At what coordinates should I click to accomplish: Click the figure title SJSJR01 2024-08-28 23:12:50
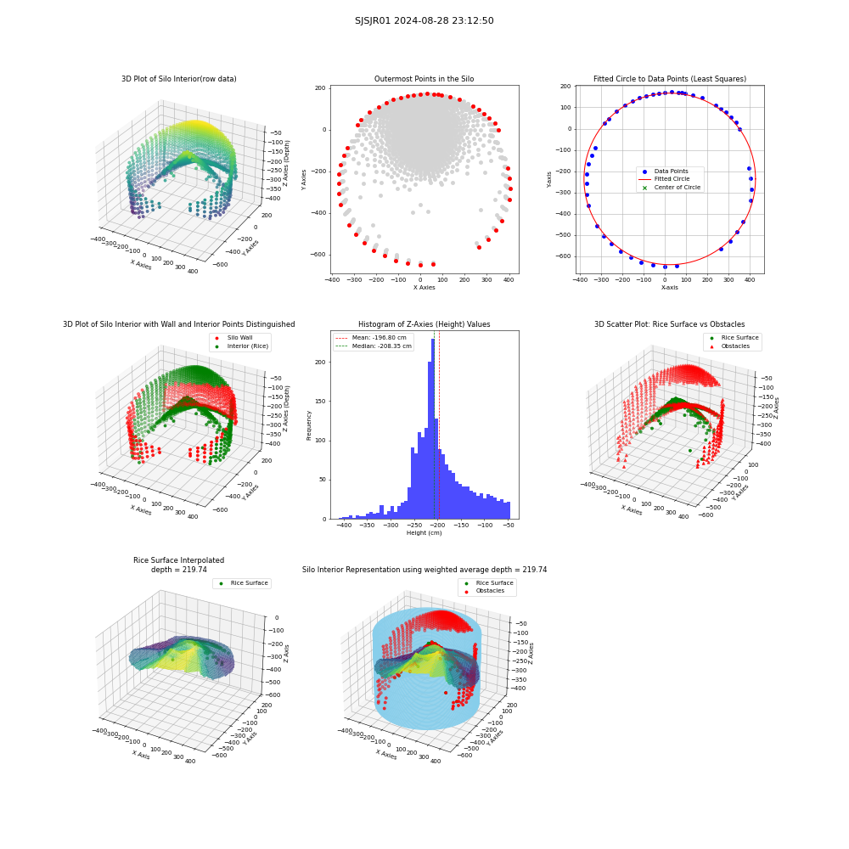424,20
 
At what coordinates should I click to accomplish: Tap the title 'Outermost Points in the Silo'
424,79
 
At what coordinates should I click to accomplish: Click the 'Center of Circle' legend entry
672,188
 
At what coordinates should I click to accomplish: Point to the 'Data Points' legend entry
666,171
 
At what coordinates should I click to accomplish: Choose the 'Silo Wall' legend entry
234,338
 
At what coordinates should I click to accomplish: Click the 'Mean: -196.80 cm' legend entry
372,338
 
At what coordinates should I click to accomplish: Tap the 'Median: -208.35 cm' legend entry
374,346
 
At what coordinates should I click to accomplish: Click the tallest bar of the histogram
433,429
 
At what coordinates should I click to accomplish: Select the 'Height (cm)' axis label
424,533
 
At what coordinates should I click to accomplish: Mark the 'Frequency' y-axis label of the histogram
309,425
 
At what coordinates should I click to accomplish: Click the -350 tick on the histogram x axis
367,526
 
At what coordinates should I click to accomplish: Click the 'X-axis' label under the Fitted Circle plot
669,288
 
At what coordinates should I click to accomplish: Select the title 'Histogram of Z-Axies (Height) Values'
424,324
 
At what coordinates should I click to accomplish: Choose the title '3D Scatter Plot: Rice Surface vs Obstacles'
669,324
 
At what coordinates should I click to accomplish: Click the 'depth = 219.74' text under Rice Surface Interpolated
178,570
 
